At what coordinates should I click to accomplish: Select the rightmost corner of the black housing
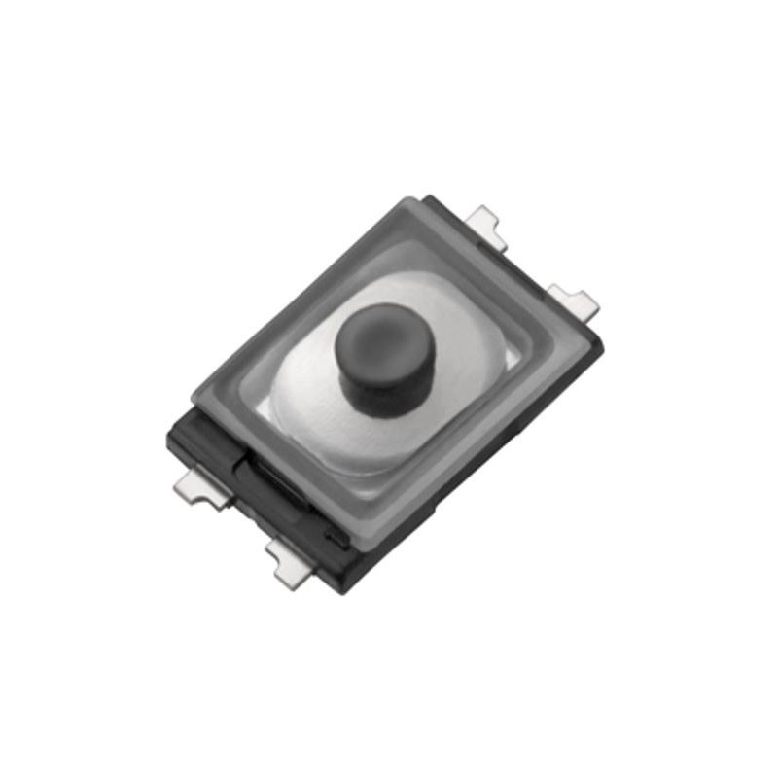coord(602,340)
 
